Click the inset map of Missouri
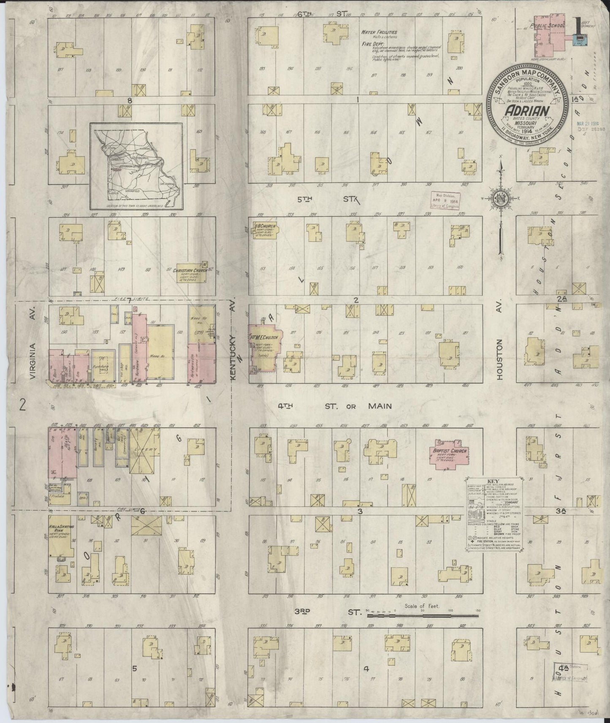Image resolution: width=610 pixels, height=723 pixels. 136,166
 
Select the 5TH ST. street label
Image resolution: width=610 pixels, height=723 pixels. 328,200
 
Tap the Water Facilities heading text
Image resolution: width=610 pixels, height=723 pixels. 379,32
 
